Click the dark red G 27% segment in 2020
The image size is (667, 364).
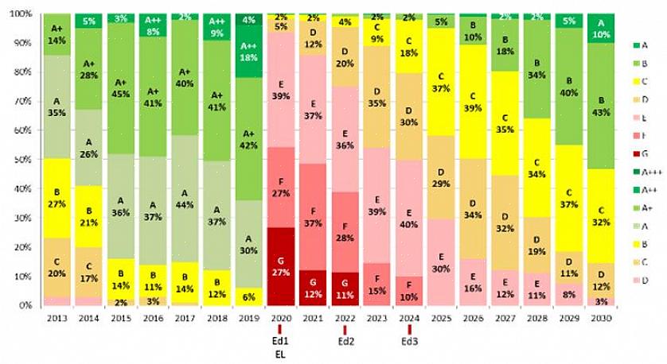click(280, 266)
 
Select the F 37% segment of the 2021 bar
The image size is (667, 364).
click(313, 217)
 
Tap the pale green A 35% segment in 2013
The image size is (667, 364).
click(57, 106)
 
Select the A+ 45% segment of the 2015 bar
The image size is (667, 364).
click(122, 89)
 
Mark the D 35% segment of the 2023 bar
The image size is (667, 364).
click(377, 97)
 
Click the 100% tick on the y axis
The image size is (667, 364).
click(21, 14)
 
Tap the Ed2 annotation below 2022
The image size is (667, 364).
click(345, 342)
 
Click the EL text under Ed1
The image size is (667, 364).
click(280, 354)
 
